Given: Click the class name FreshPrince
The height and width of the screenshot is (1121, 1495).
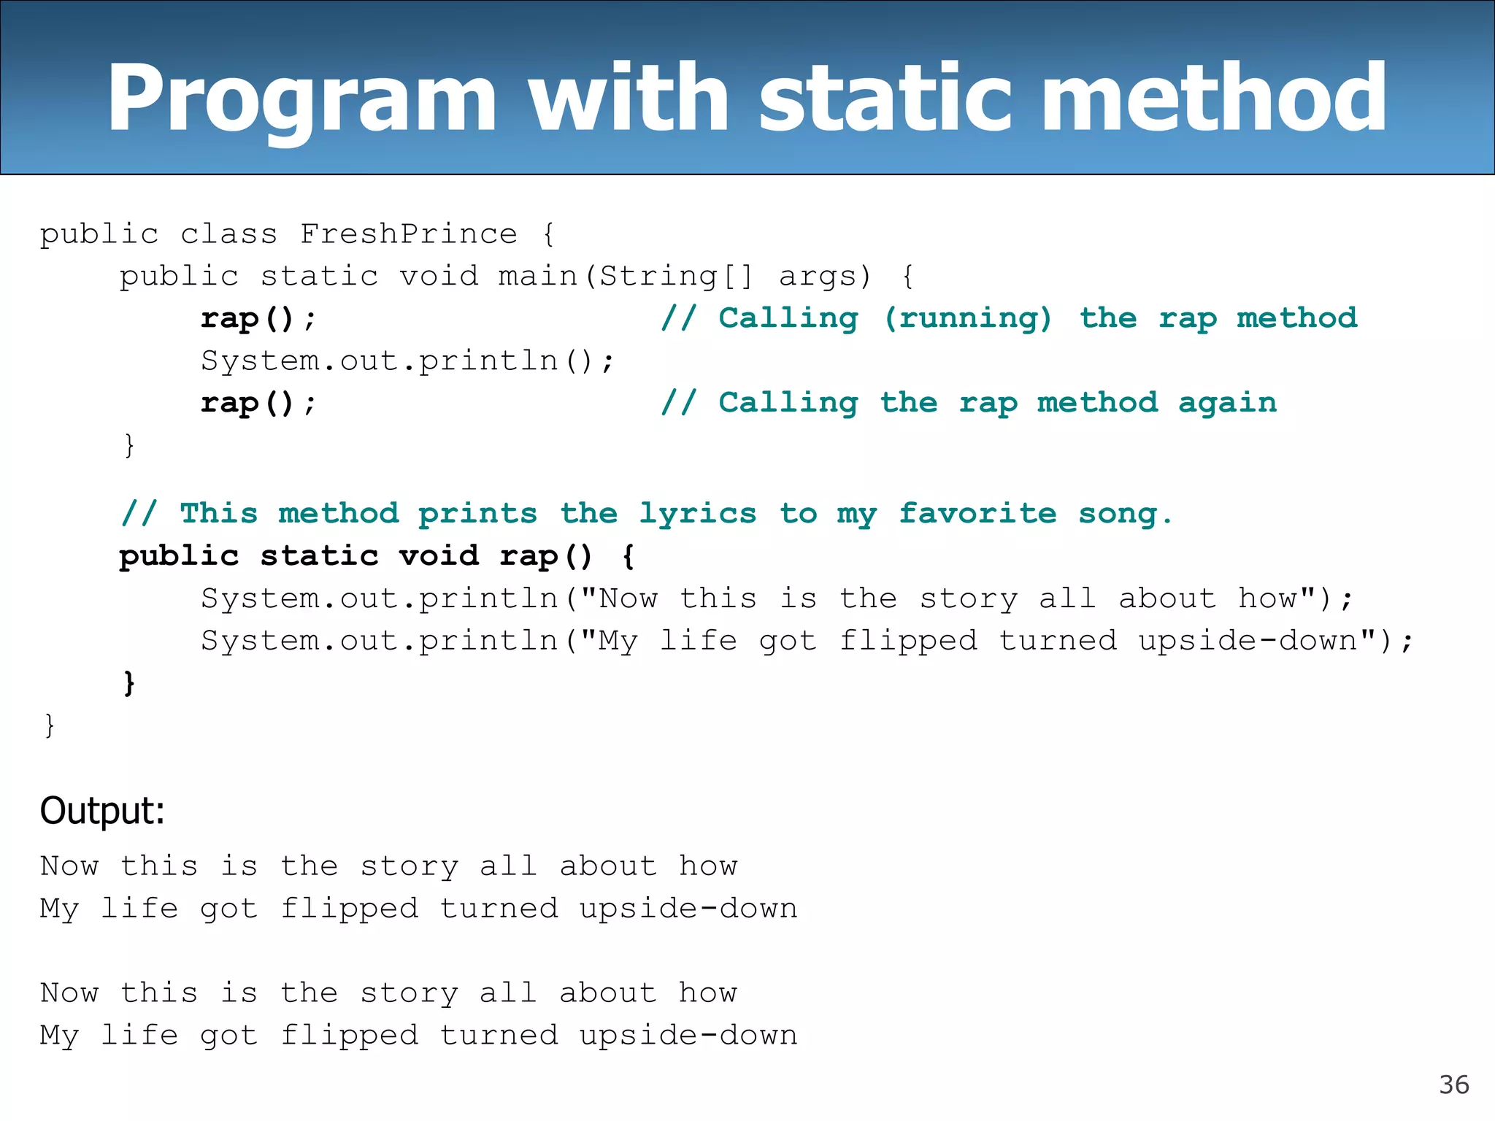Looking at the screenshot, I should click(409, 234).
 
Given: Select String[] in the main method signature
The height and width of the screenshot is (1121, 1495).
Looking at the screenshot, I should click(676, 277).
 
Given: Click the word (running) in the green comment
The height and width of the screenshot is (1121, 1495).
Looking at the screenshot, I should click(968, 318).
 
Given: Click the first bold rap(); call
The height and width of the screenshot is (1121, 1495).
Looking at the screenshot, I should click(258, 319).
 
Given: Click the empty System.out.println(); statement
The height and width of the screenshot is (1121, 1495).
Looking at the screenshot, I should click(407, 361).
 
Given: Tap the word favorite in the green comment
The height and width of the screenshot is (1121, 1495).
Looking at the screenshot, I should click(977, 514).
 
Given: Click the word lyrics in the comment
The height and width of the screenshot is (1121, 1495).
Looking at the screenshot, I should click(698, 514).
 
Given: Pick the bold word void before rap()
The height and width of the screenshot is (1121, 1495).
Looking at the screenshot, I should click(439, 556).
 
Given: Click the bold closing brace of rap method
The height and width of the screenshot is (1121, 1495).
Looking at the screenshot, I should click(129, 683).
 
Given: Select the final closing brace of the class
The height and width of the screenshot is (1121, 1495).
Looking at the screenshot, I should click(50, 725).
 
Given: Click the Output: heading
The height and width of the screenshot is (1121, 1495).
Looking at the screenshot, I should click(102, 811).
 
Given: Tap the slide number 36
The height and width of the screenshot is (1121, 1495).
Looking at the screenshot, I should click(1453, 1085).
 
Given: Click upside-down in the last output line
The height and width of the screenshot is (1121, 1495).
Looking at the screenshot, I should click(688, 1036).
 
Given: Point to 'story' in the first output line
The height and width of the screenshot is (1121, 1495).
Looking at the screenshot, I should click(410, 866).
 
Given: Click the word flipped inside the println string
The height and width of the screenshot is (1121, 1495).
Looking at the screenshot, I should click(908, 641).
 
